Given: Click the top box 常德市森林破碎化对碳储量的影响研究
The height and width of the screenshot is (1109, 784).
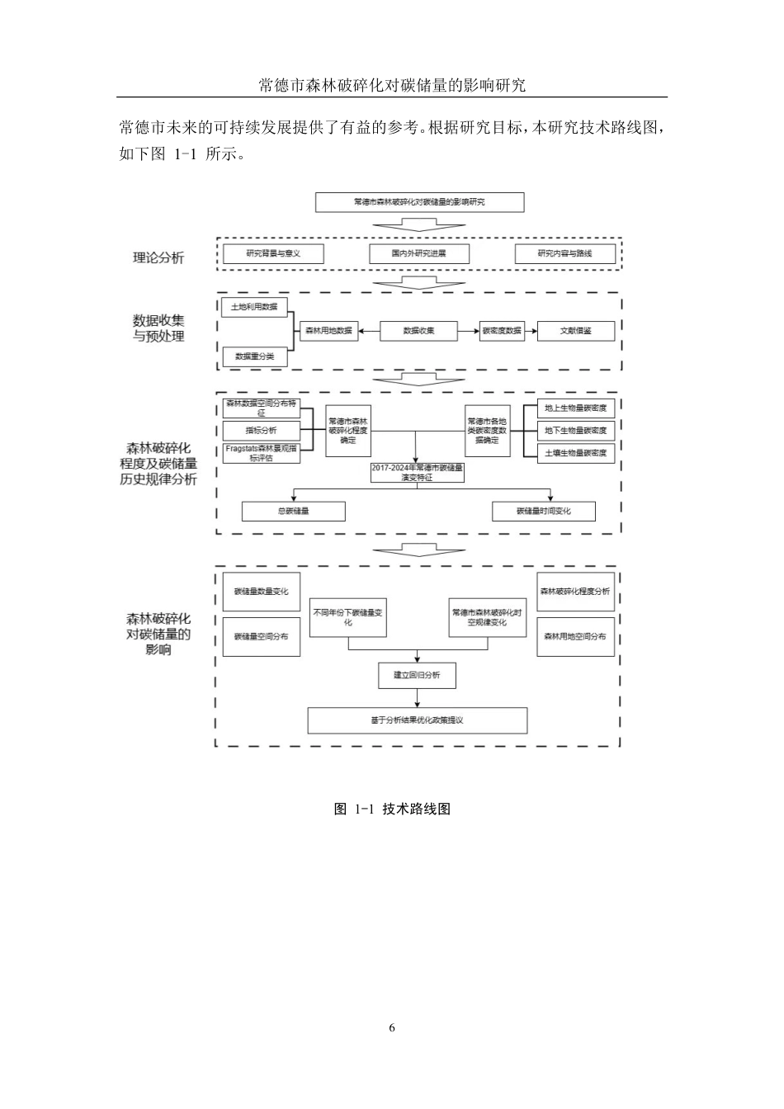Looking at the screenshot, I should (419, 202).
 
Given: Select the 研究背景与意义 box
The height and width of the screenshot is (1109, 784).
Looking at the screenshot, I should (273, 253).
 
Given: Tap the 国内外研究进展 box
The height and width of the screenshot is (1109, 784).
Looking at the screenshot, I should (418, 253).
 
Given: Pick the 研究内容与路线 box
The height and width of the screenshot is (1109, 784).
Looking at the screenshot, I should (564, 253).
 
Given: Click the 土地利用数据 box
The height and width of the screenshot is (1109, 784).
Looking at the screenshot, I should (253, 307).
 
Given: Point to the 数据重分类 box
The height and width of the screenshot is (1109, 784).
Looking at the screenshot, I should (255, 356).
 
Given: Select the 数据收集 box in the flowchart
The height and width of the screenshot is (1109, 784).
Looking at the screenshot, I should (418, 331).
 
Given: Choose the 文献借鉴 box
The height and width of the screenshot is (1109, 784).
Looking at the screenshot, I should (575, 331).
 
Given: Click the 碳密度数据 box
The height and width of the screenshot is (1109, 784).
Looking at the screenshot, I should (502, 331).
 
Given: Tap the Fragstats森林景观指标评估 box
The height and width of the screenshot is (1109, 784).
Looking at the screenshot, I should (261, 453).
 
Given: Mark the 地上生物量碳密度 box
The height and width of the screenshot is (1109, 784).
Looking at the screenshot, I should (575, 408).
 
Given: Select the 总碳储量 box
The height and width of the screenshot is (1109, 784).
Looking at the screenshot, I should (293, 511).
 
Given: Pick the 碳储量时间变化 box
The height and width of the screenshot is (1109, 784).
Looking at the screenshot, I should (543, 511).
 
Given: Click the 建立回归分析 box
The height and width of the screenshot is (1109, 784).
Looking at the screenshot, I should (417, 675).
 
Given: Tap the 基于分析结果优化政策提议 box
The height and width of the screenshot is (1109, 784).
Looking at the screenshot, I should (417, 720).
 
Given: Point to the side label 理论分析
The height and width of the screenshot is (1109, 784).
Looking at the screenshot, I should (158, 257).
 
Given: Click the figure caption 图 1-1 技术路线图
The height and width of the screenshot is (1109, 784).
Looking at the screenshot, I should (392, 809).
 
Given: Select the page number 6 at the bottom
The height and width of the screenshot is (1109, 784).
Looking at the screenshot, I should (392, 1027).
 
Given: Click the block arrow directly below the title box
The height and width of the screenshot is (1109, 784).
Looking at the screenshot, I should (418, 224).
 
